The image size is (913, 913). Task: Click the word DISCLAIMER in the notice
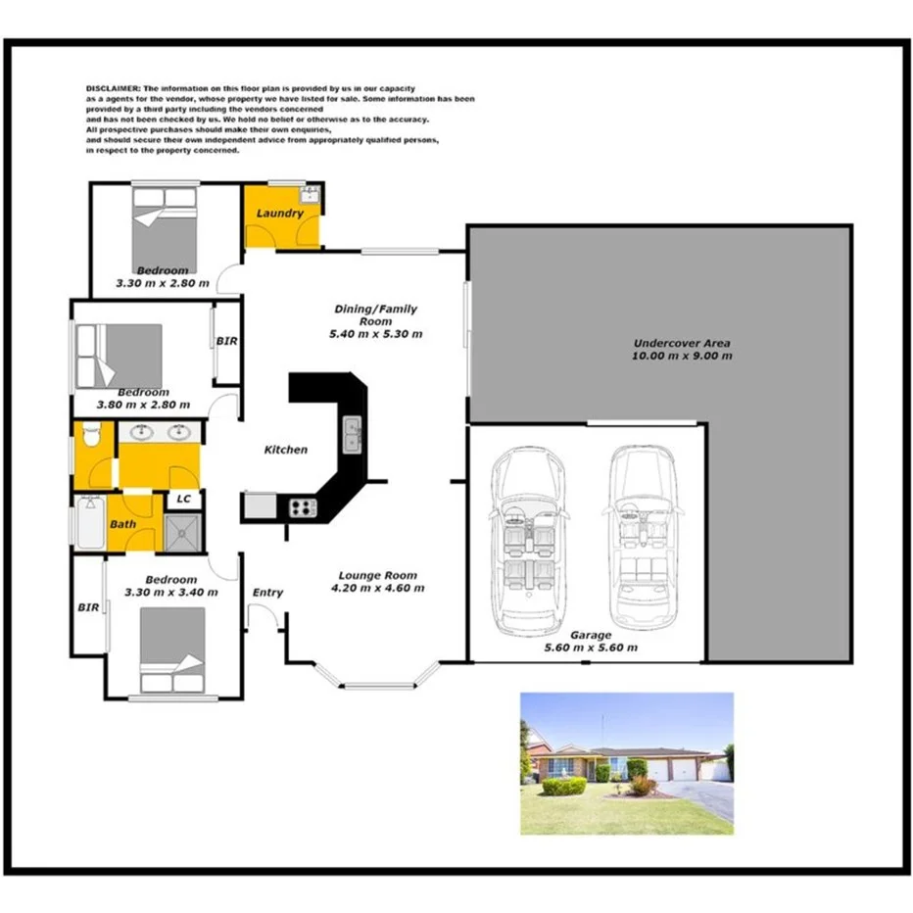tap(108, 88)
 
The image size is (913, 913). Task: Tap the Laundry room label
tap(279, 213)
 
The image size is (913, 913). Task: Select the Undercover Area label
tap(682, 343)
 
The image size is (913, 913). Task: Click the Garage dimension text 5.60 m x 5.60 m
tap(591, 648)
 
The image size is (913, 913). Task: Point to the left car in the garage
tap(529, 539)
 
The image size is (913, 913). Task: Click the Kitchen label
tap(286, 450)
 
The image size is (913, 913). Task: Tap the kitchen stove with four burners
tap(303, 506)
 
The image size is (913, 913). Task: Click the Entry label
tap(267, 592)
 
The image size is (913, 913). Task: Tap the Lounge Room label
tap(377, 575)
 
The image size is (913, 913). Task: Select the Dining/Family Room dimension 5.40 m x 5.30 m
tap(376, 334)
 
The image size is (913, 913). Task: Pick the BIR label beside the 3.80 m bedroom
tap(225, 342)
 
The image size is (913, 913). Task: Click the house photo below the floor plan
tap(626, 763)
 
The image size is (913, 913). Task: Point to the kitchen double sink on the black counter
tap(352, 433)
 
